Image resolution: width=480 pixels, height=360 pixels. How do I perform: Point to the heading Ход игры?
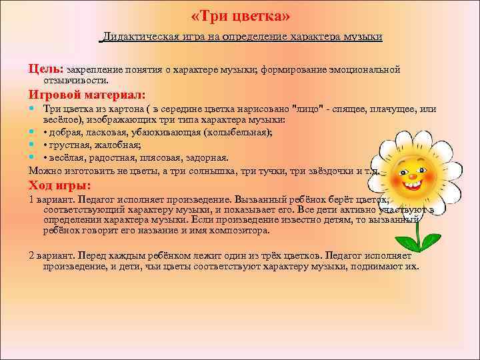60,185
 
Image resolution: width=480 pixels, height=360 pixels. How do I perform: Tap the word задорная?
205,157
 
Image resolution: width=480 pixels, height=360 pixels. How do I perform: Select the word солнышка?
227,171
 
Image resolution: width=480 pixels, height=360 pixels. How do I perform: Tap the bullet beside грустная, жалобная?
33,145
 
